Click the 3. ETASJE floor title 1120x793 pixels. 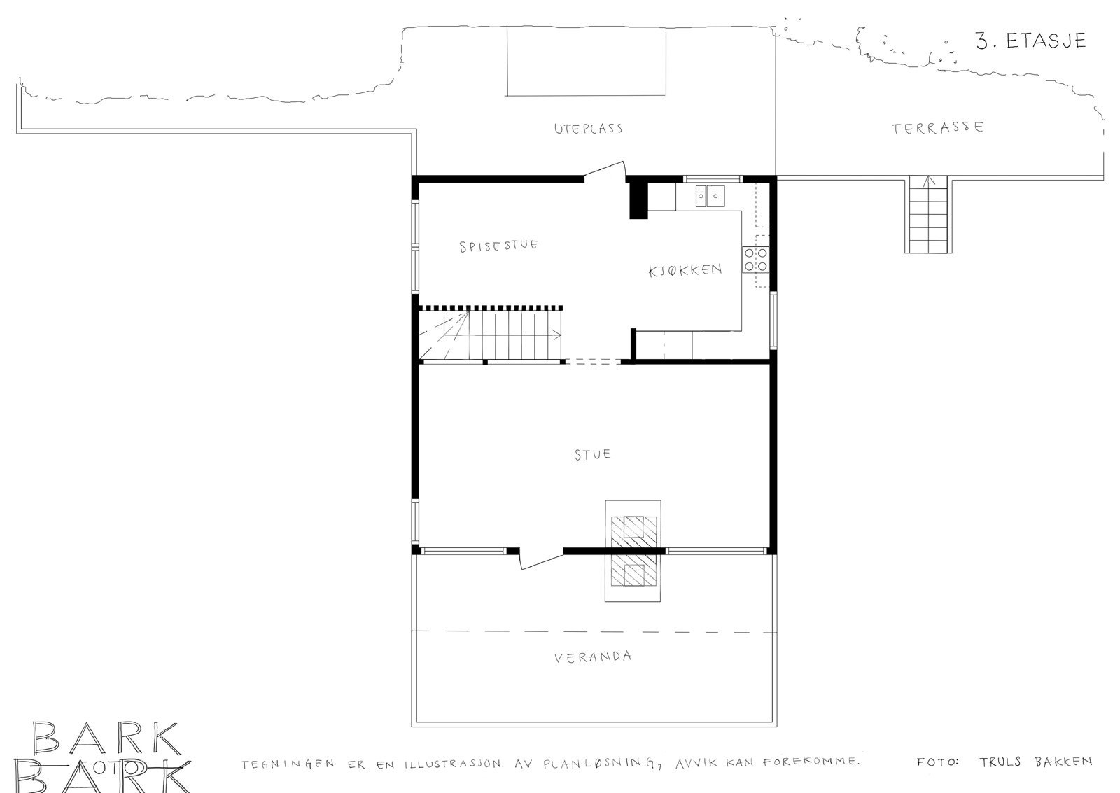[1031, 41]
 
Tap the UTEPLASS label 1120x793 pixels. [588, 129]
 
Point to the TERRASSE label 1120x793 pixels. [938, 128]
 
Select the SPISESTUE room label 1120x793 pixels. [498, 246]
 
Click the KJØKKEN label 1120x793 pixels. [685, 270]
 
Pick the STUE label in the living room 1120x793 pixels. [592, 454]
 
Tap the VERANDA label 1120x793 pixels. [593, 657]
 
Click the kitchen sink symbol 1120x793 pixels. [710, 196]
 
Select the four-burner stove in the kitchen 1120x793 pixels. [755, 260]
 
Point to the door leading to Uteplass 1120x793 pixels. [605, 171]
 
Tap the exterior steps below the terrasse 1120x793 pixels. [928, 214]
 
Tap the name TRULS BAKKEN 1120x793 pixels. [1035, 762]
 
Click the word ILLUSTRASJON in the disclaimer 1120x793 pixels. [452, 764]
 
